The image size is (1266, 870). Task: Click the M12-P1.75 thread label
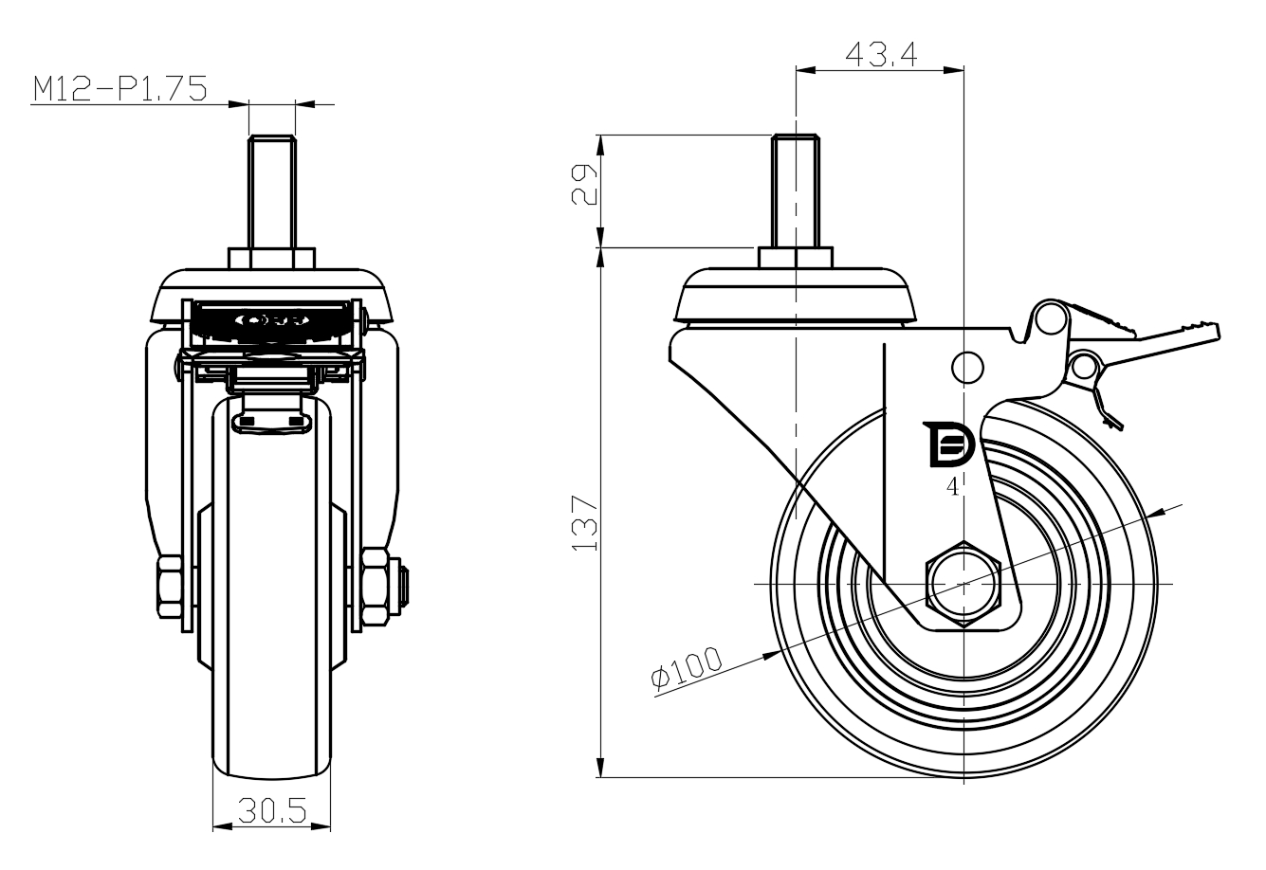(120, 89)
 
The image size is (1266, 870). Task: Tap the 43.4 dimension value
(881, 54)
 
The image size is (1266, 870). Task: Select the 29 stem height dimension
(584, 185)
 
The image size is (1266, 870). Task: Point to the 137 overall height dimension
(584, 522)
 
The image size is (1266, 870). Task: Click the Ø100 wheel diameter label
(687, 668)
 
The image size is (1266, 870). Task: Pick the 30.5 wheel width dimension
(272, 810)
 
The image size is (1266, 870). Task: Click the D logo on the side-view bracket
(948, 444)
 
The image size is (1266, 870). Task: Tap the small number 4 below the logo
(953, 486)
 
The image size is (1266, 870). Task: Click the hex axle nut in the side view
(963, 584)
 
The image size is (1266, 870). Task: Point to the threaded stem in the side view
(796, 190)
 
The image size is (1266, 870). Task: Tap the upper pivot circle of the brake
(1050, 319)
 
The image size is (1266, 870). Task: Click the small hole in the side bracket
(967, 368)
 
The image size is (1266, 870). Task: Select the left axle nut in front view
(170, 587)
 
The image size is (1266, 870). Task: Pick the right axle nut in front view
(376, 587)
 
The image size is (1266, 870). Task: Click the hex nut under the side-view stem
(796, 257)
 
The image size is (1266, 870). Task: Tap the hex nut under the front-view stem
(272, 258)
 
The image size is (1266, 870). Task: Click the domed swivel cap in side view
(796, 295)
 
